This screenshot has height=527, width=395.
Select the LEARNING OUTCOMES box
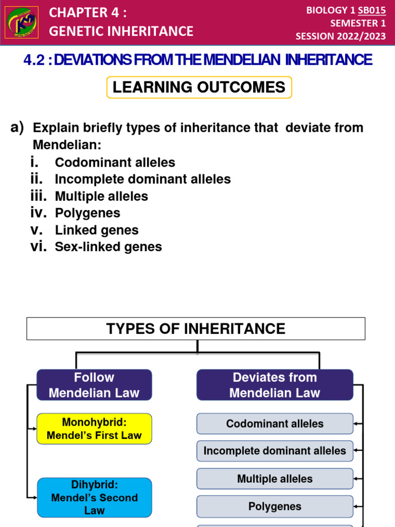click(199, 87)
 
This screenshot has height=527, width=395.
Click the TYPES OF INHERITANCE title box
click(195, 328)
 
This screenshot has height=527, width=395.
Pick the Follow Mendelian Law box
click(94, 385)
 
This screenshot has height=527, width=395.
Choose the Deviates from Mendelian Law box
click(275, 385)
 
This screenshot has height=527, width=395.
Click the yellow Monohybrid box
click(94, 429)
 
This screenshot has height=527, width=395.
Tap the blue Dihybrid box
click(94, 497)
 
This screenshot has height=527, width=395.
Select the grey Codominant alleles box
click(275, 424)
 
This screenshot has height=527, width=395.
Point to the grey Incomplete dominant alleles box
click(275, 451)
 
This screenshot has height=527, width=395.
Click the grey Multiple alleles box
click(275, 479)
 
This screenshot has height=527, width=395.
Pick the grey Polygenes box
click(275, 506)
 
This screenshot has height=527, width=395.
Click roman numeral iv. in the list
click(39, 213)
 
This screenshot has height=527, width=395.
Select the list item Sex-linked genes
click(108, 247)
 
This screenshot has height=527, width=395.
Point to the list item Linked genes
click(97, 230)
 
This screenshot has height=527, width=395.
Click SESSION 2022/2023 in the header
click(340, 36)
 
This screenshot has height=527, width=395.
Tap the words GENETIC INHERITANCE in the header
click(121, 31)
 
